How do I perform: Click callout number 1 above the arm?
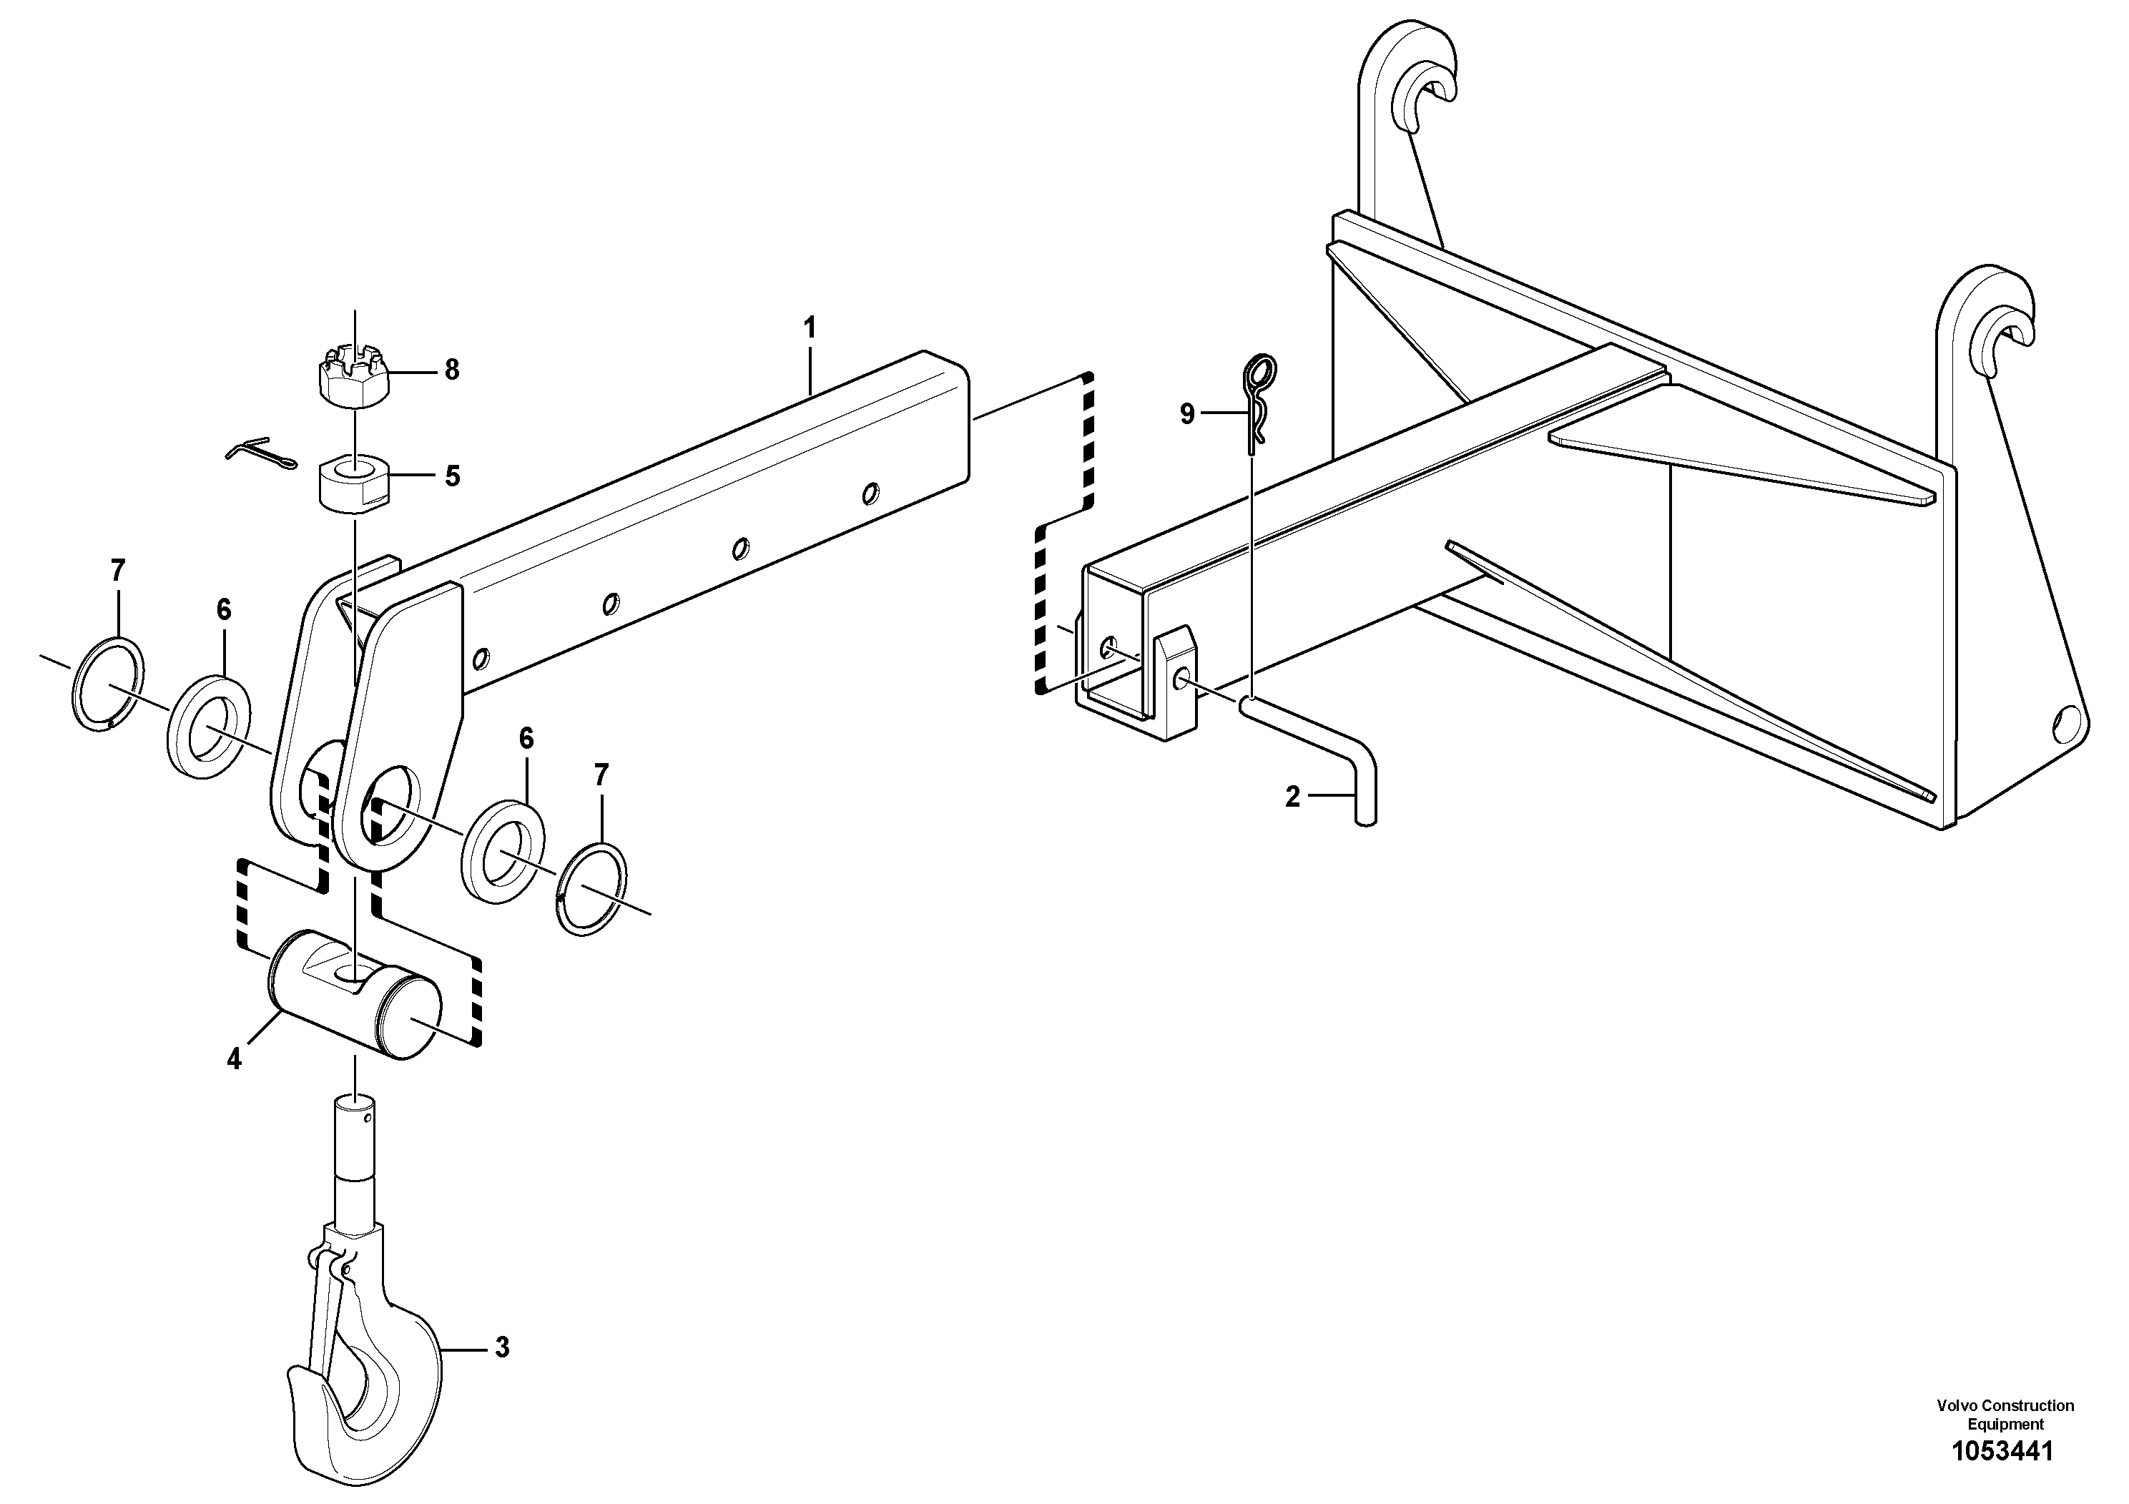click(x=810, y=328)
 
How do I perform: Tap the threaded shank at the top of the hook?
click(x=356, y=1141)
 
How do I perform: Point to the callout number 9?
click(x=1187, y=413)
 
